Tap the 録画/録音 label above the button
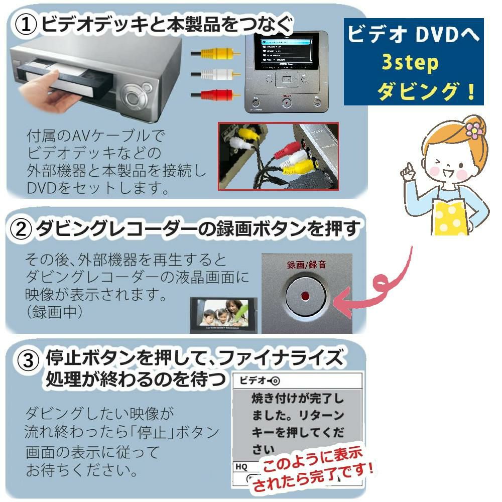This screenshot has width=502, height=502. coord(305,265)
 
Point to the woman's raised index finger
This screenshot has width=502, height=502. coord(410,166)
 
